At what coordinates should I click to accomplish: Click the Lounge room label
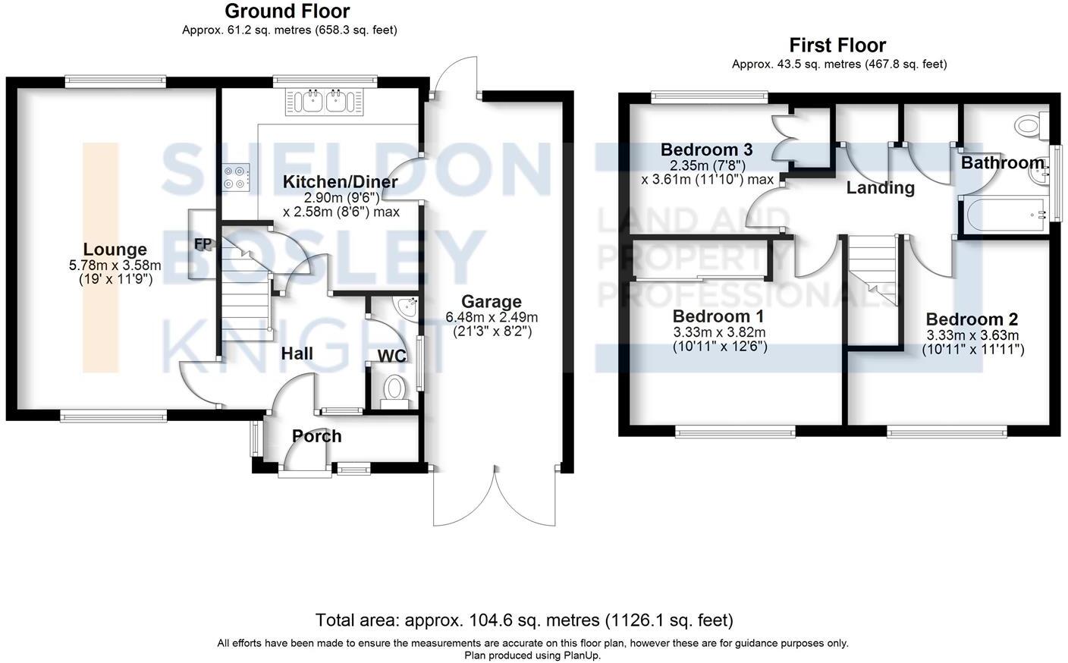(x=115, y=250)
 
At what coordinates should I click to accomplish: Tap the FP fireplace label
(x=203, y=244)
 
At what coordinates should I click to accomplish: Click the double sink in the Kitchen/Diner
(x=325, y=101)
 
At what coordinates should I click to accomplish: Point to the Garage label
(x=492, y=302)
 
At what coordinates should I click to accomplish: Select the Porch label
(x=317, y=436)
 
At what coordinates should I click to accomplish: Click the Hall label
(x=297, y=353)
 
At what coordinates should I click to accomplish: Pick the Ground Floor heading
(x=287, y=11)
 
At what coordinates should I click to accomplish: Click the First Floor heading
(x=837, y=46)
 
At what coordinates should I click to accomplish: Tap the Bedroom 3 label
(x=706, y=149)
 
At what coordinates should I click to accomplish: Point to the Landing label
(x=880, y=187)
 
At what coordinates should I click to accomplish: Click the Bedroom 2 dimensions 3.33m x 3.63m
(x=972, y=335)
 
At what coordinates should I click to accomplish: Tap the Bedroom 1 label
(x=718, y=316)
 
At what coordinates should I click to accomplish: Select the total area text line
(x=524, y=621)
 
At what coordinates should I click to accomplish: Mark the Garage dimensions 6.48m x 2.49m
(x=492, y=318)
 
